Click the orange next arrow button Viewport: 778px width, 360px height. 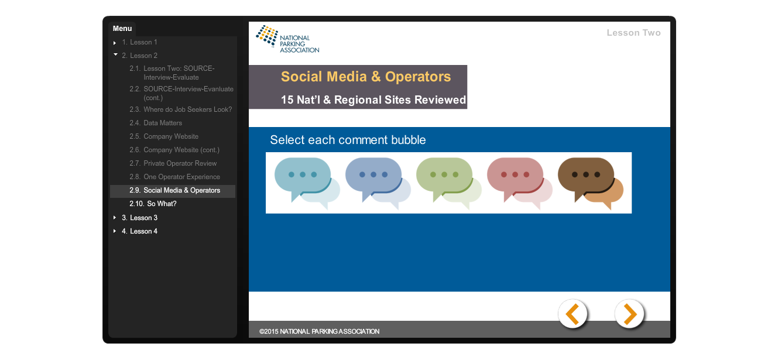[x=629, y=314]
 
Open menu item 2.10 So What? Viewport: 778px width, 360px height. [x=153, y=204]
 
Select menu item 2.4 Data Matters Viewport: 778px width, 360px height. [x=156, y=123]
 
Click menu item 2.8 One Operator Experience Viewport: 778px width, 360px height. [x=174, y=177]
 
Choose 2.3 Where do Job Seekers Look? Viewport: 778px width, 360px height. [x=181, y=109]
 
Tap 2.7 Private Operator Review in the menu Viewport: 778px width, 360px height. [x=173, y=163]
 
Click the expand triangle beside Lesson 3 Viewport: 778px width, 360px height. [x=115, y=218]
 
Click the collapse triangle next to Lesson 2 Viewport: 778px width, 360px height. [x=115, y=54]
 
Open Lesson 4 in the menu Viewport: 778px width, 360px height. [x=140, y=231]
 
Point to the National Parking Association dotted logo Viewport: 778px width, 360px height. [x=267, y=35]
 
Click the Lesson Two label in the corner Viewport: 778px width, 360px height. [x=633, y=33]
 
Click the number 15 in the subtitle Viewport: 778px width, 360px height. [x=287, y=100]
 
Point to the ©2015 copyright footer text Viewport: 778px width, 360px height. [x=319, y=331]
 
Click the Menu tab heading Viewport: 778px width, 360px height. [x=122, y=29]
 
